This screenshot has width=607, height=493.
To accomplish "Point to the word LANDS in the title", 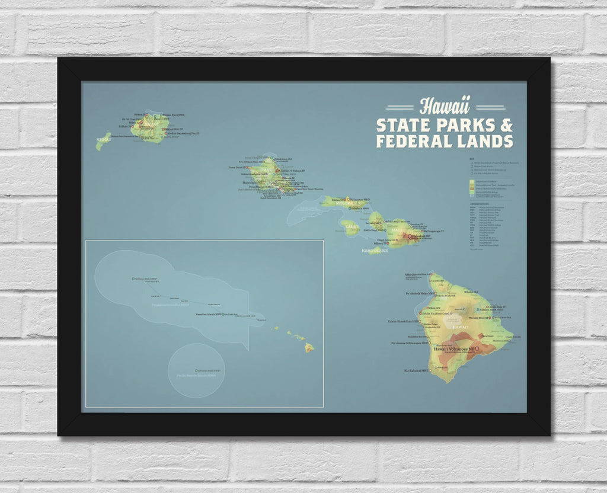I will (x=487, y=142).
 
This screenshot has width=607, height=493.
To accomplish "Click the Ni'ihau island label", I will (x=103, y=141).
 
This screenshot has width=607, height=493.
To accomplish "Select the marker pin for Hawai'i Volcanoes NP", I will (x=477, y=350).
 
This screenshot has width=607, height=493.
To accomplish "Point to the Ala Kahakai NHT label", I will (x=416, y=371).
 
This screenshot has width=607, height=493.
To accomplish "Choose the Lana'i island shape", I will (x=350, y=228).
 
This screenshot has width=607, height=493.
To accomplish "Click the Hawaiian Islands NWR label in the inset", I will (x=208, y=314).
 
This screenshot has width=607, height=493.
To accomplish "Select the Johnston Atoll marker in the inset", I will (x=196, y=370).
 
